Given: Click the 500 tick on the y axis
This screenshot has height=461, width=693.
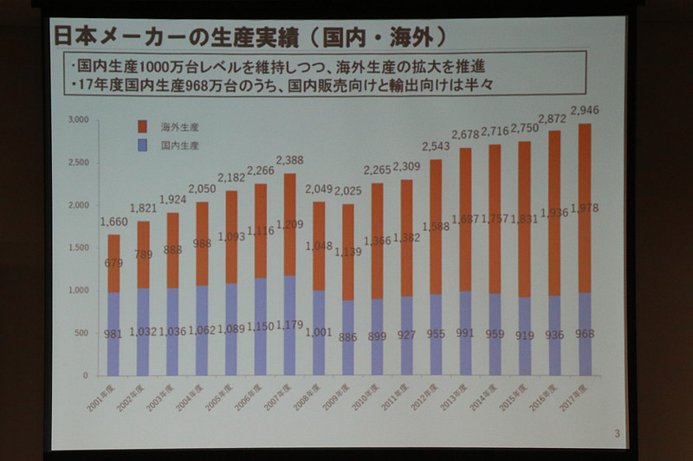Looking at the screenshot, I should (x=83, y=333).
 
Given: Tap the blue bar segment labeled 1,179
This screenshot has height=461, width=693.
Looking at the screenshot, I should (x=289, y=325).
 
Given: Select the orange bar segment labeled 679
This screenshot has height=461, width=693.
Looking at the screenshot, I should (x=113, y=264).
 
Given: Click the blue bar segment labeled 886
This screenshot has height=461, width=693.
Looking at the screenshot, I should (x=348, y=338).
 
